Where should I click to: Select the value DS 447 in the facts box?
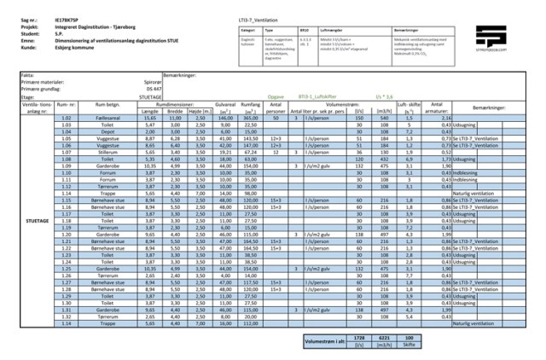(154, 89)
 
